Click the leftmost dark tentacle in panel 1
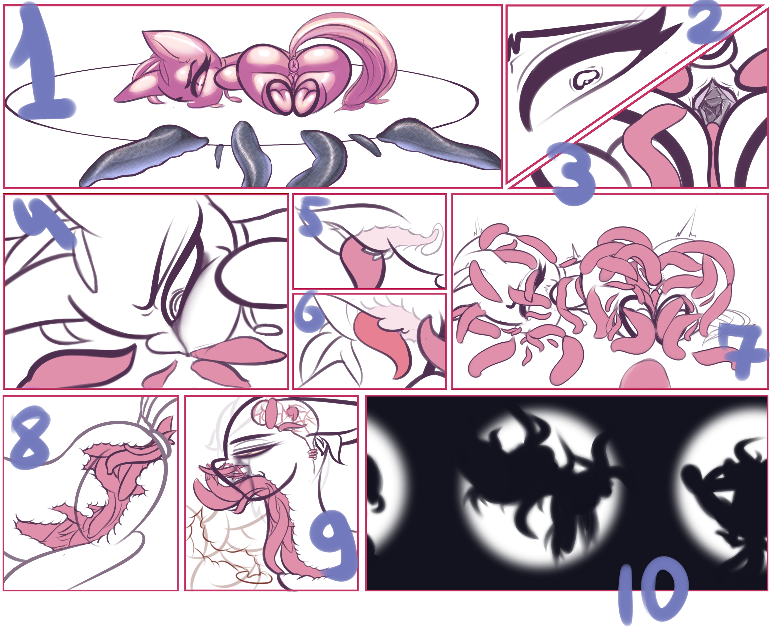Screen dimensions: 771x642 tap(143, 154)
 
